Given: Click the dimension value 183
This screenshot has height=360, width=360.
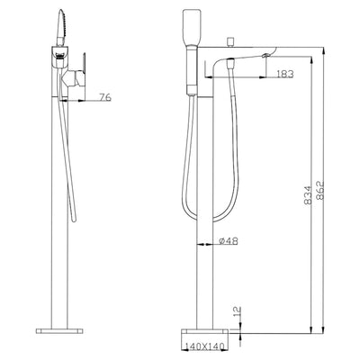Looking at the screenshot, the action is click(284, 74).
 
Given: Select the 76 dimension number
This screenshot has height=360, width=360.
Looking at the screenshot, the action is click(105, 97).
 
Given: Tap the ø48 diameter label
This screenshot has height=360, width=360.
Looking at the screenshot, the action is click(229, 240).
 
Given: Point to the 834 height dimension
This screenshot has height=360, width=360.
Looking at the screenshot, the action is click(308, 195).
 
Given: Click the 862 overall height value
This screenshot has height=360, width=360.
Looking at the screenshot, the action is click(319, 190).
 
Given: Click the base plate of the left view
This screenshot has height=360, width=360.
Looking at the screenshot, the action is click(59, 331).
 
